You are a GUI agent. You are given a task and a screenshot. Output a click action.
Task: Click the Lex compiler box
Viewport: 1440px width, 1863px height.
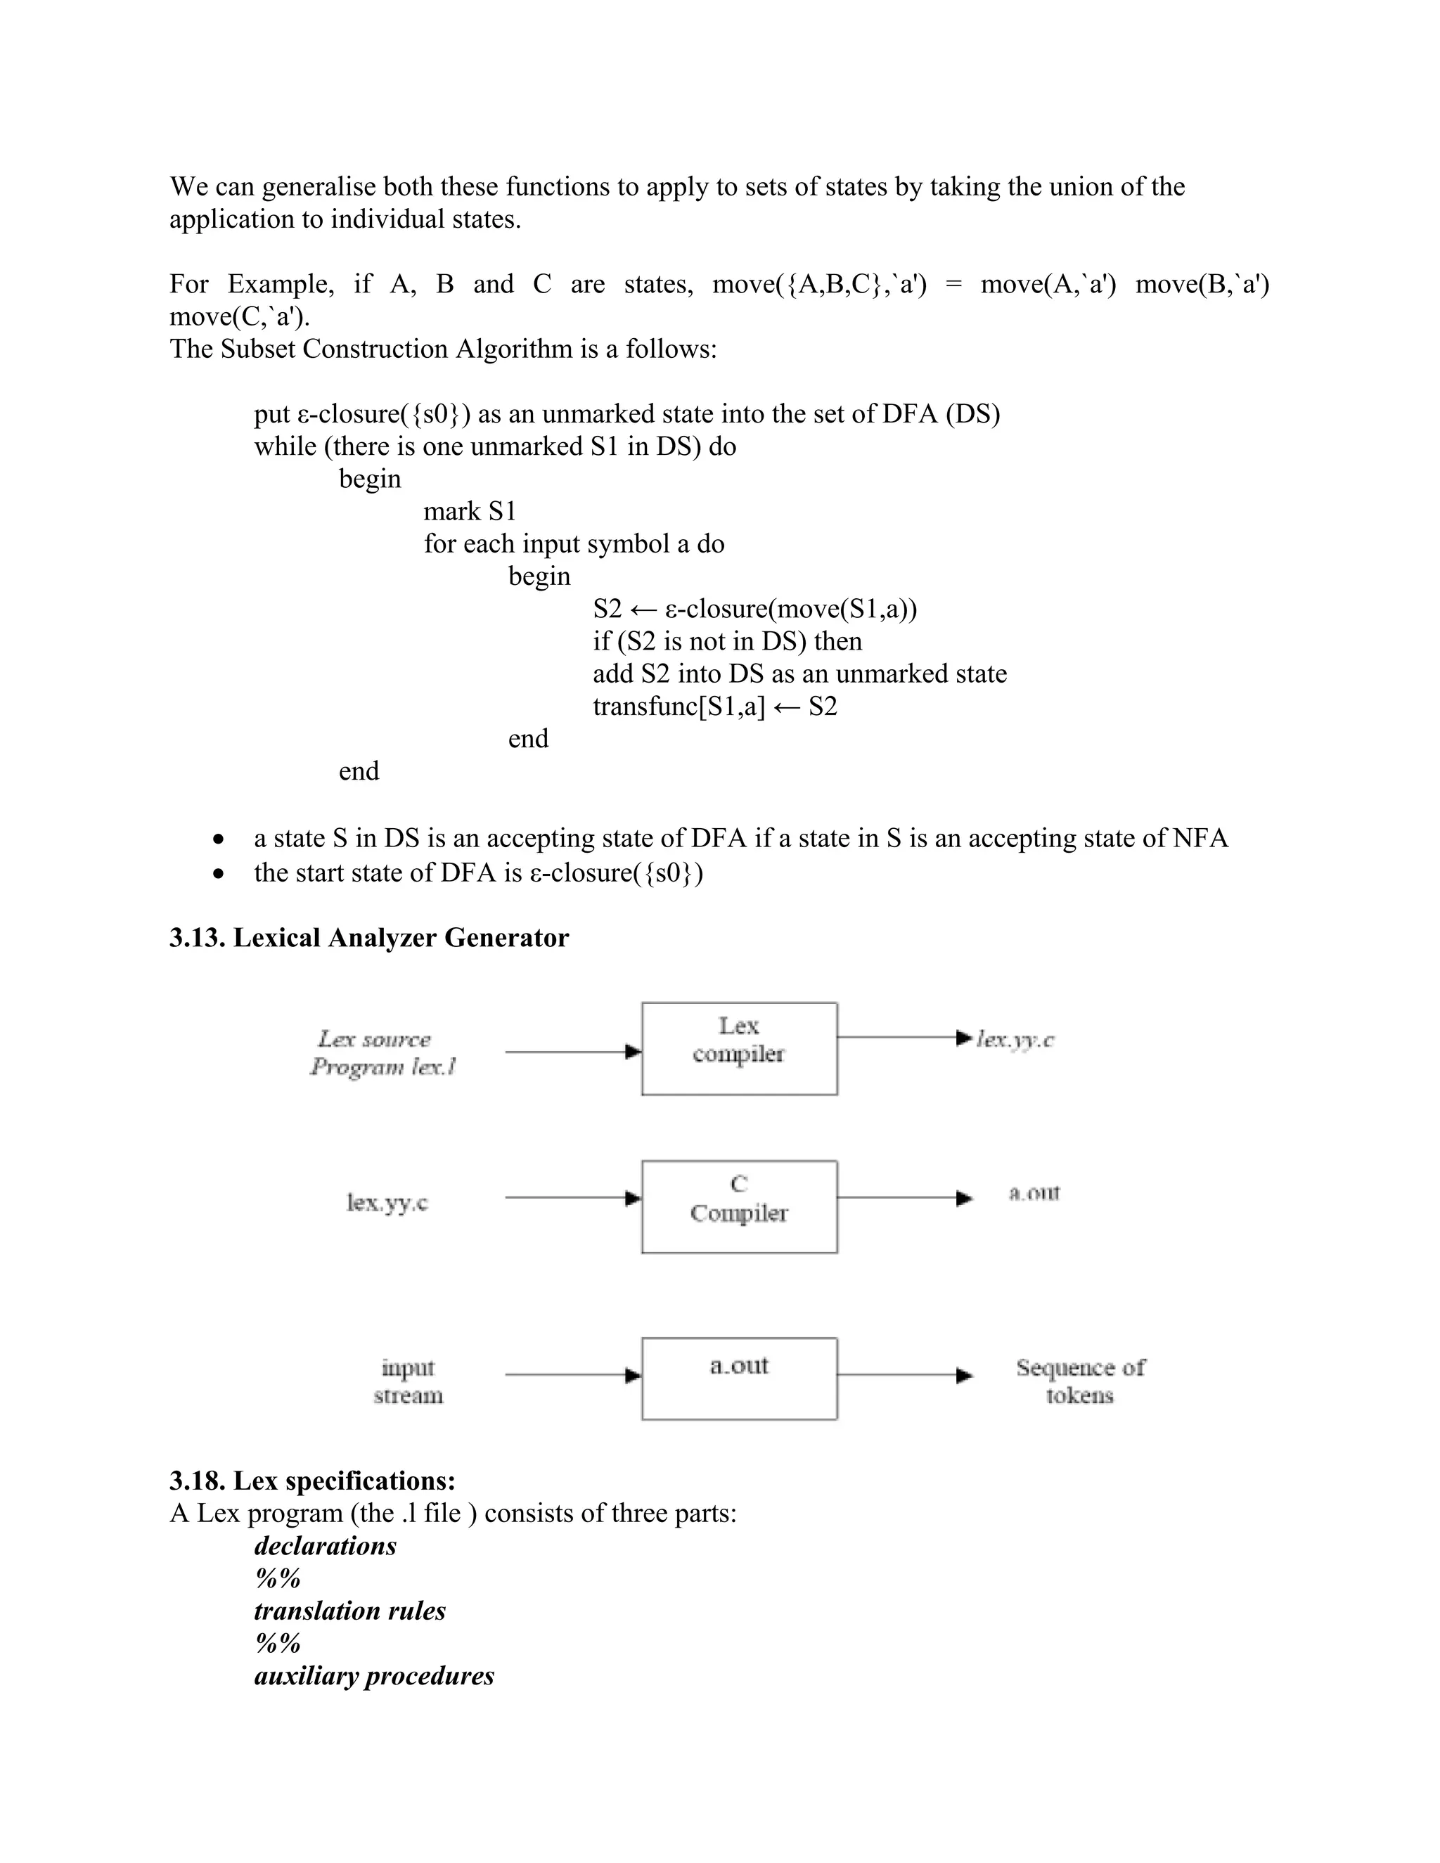coord(739,1048)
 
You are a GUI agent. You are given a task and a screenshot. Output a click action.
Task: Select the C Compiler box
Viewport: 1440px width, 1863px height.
coord(739,1206)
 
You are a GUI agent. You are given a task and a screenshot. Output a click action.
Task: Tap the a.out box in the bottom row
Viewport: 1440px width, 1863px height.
coord(739,1378)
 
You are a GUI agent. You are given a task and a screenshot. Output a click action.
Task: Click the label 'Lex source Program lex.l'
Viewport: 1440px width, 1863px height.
coord(382,1052)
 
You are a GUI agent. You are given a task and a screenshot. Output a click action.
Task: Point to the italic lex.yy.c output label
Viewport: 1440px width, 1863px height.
coord(1015,1039)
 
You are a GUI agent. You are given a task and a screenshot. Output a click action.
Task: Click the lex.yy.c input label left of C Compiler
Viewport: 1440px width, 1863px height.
coord(387,1203)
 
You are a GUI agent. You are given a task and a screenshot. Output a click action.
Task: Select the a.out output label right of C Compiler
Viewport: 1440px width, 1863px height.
coord(1034,1192)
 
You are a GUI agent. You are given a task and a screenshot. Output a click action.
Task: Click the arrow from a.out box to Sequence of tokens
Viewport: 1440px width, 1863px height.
coord(904,1375)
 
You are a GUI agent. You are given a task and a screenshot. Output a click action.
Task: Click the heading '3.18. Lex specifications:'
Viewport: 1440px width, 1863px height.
coord(312,1480)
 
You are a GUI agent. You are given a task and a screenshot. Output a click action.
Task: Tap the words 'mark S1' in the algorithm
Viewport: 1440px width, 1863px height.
coord(470,511)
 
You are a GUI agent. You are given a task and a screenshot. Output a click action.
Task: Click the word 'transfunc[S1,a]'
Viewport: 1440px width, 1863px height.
coord(679,707)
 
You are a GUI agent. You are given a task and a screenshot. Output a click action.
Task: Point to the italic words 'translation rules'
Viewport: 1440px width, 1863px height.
coord(349,1611)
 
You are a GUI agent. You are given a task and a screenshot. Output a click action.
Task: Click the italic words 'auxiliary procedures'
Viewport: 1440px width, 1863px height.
coord(373,1675)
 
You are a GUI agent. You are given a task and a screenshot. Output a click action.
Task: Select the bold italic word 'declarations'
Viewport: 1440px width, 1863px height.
coord(325,1546)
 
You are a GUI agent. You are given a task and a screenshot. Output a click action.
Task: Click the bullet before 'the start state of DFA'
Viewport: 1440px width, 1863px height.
coord(220,873)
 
